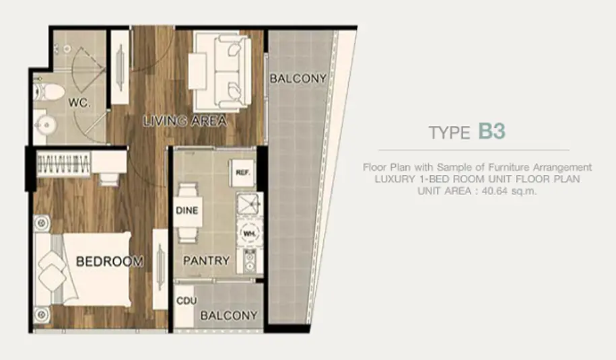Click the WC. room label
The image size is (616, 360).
[79, 103]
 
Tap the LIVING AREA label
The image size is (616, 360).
[184, 121]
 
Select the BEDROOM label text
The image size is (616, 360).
[110, 261]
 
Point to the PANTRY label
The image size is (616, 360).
[206, 260]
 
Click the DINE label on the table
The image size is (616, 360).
[187, 211]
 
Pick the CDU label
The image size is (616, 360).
[186, 301]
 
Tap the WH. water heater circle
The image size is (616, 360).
[248, 233]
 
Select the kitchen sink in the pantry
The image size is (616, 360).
[248, 204]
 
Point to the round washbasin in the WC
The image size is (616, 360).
[46, 125]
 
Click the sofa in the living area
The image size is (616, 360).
[222, 72]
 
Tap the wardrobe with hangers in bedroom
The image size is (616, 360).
[63, 164]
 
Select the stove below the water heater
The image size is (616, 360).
[250, 261]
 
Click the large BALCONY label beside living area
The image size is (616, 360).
[298, 79]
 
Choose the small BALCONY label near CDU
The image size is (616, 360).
[229, 315]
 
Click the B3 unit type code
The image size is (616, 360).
[491, 131]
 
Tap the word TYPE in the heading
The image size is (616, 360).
[450, 133]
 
